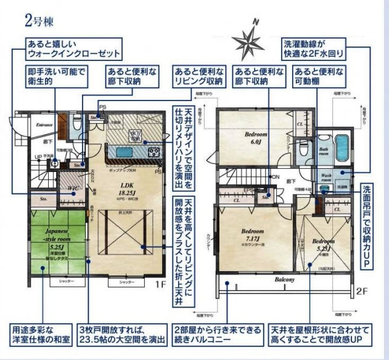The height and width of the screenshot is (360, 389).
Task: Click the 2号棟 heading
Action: (40, 21)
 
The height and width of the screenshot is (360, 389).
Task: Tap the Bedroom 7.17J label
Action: (251, 234)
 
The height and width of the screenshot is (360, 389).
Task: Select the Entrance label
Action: (45, 125)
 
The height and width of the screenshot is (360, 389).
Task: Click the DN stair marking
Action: (276, 178)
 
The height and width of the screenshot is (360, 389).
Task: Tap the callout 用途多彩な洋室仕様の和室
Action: (40, 333)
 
